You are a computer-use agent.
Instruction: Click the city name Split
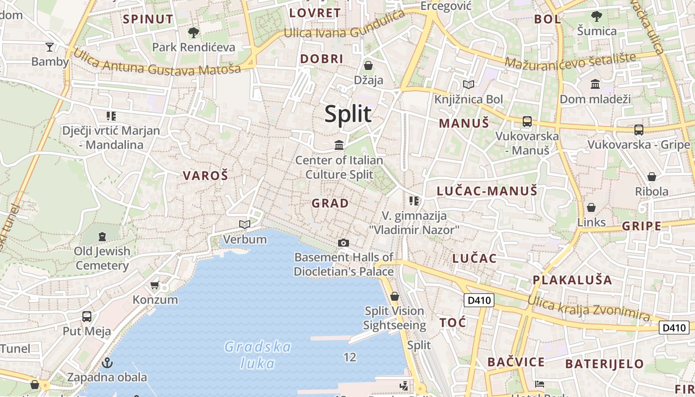tap(348, 114)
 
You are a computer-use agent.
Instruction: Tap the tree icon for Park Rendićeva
tap(194, 33)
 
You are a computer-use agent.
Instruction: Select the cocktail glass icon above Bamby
tap(50, 47)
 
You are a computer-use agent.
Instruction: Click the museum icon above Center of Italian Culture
tap(339, 145)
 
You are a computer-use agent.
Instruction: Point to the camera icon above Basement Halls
tap(343, 243)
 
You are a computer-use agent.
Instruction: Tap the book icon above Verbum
tap(244, 224)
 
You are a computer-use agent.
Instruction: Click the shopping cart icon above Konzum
tap(155, 285)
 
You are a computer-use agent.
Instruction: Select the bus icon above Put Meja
tap(87, 316)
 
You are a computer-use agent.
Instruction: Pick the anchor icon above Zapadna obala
tap(107, 363)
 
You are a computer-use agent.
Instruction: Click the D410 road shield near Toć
tap(479, 300)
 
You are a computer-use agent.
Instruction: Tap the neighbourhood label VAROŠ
tap(206, 176)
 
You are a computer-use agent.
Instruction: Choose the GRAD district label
tap(330, 203)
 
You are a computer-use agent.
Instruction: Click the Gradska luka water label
tap(258, 354)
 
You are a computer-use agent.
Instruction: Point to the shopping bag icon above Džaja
tap(368, 66)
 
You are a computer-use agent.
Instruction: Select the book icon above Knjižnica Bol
tap(469, 85)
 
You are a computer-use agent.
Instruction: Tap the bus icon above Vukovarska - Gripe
tap(639, 130)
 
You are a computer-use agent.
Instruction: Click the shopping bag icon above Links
tap(591, 207)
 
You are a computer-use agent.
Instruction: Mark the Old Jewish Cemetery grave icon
tap(102, 236)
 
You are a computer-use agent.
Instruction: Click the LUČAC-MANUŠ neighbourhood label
tap(487, 191)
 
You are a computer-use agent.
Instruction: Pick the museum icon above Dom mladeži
tap(595, 84)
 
